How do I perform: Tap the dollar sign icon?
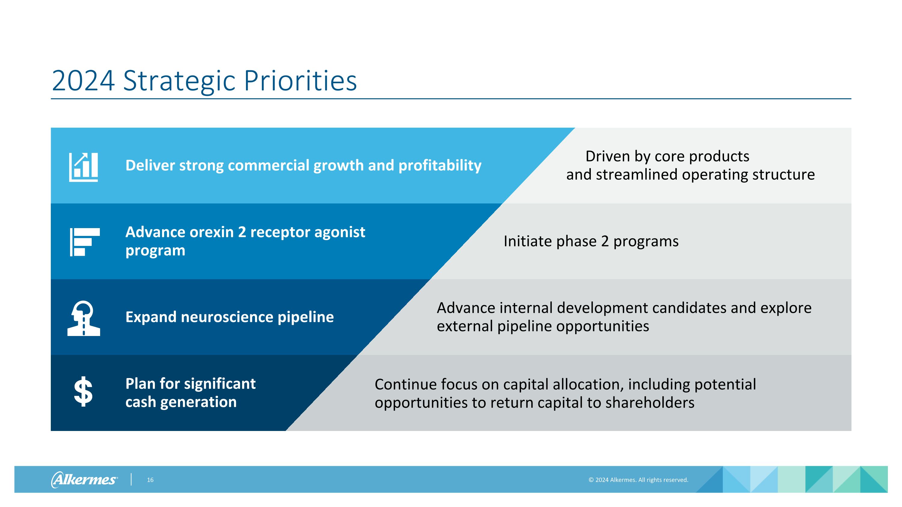83,392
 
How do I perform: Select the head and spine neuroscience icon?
84,318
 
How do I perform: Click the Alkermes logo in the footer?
84,479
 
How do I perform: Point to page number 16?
150,480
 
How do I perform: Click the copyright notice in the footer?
638,480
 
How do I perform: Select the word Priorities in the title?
300,81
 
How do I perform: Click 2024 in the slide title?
83,81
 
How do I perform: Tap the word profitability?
440,166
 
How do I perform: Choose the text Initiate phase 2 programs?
591,241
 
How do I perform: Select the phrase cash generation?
181,402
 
